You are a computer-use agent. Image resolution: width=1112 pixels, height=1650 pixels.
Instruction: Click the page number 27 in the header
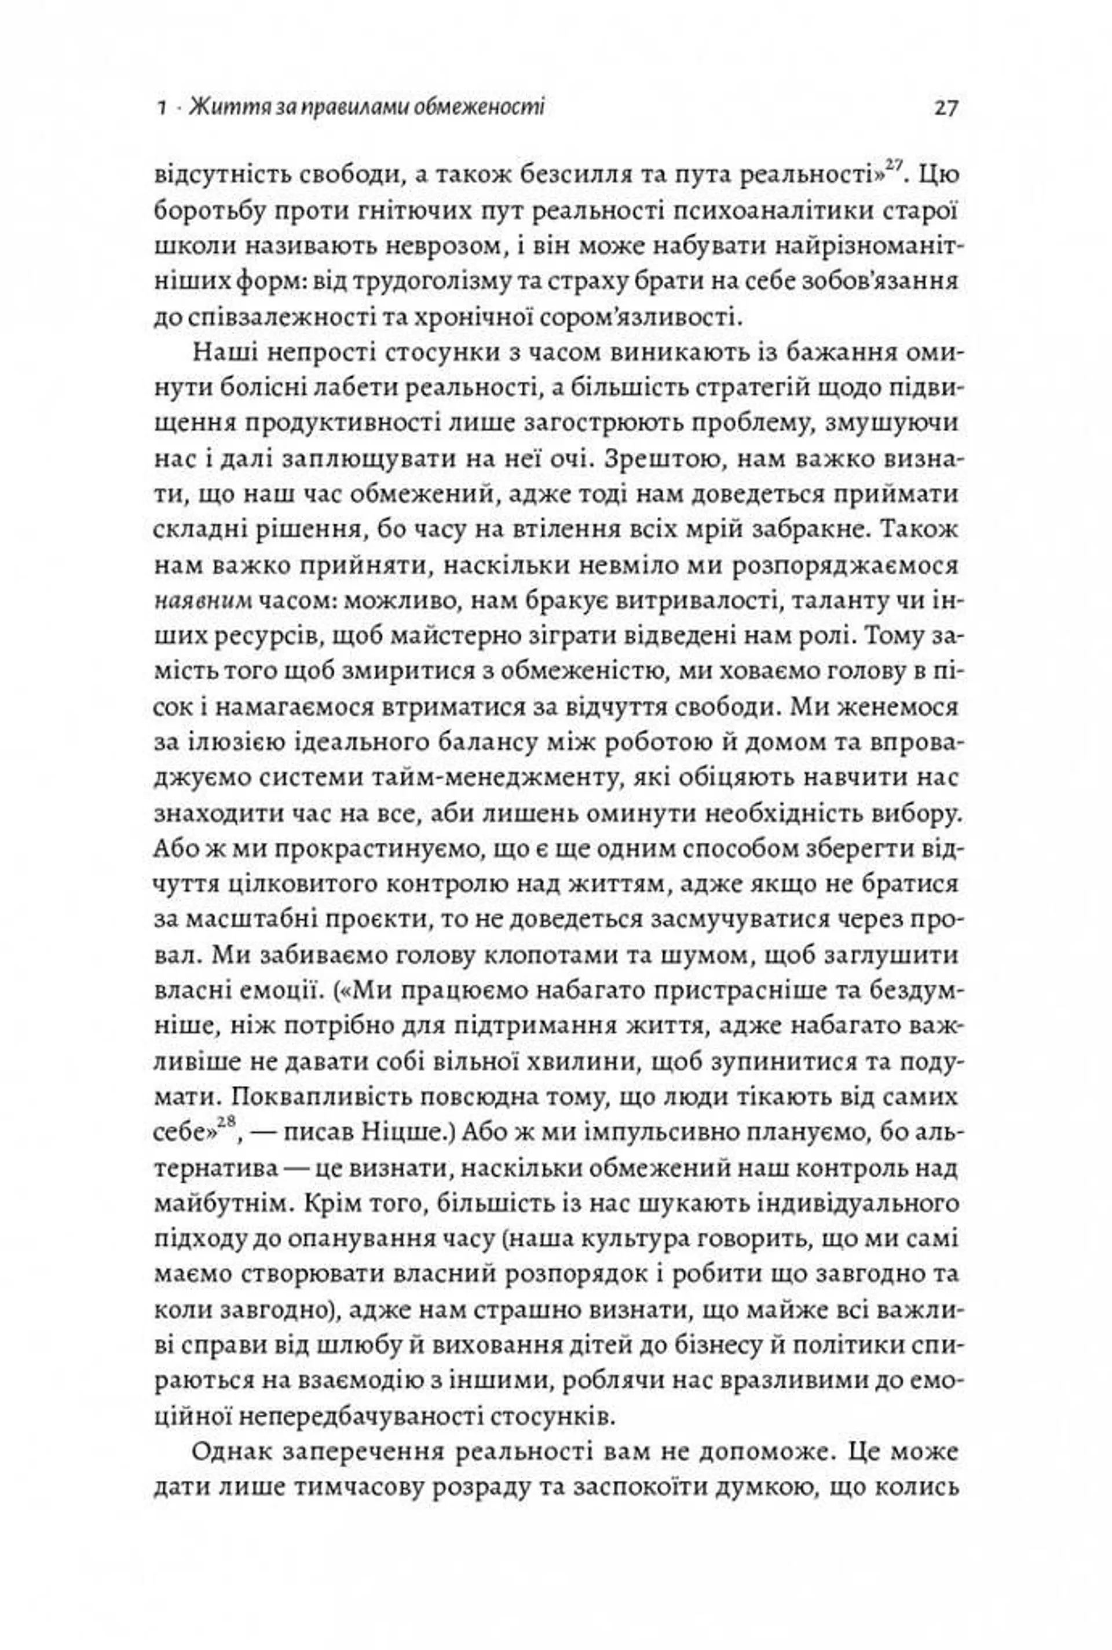(x=946, y=108)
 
